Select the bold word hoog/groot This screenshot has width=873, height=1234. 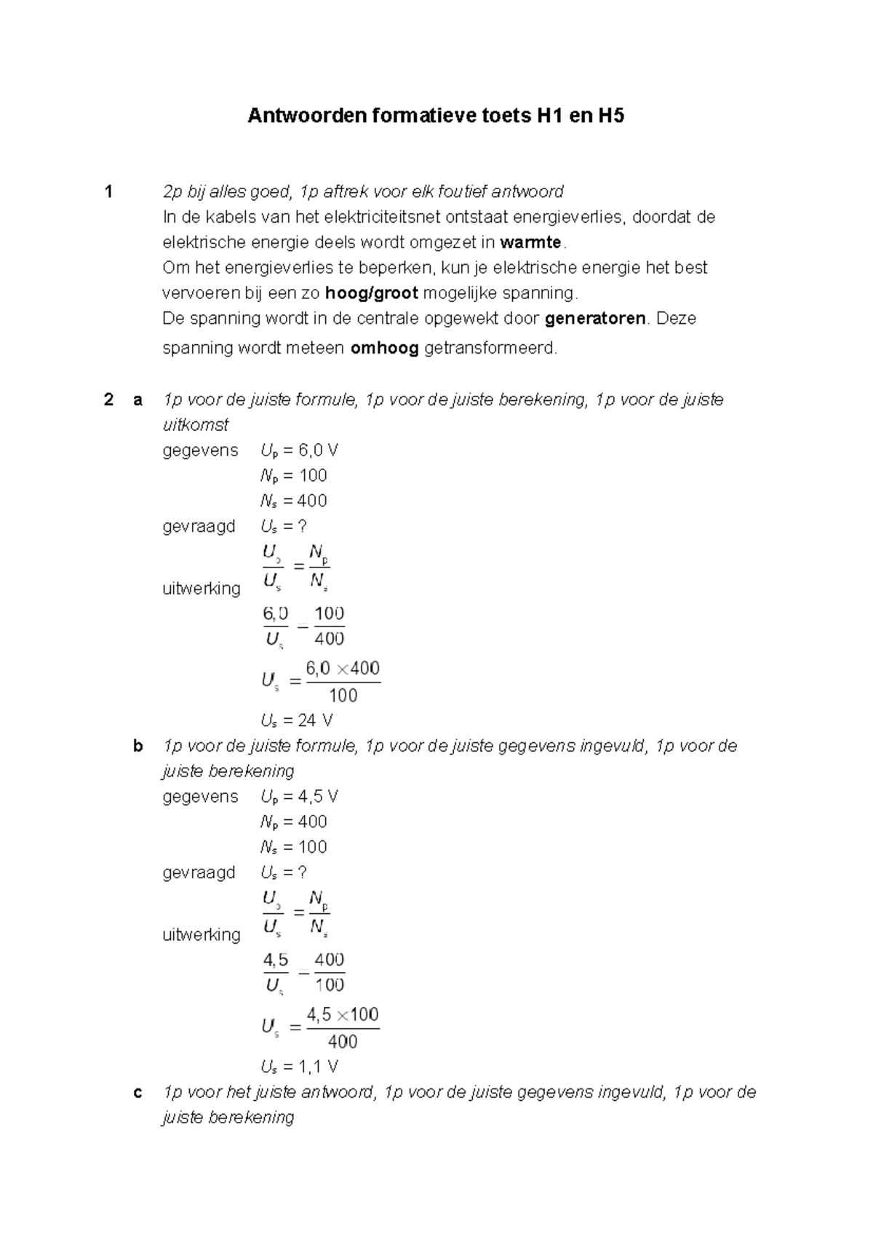point(372,293)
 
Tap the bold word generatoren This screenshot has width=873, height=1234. point(595,319)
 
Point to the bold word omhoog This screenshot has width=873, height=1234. point(384,349)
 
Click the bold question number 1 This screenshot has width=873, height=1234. point(109,192)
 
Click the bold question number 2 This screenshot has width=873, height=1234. point(109,399)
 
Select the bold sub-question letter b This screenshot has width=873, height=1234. point(138,746)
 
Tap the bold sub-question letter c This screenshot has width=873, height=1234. point(138,1092)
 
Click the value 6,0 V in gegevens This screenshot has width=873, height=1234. point(318,450)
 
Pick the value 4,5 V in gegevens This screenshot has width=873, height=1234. point(318,797)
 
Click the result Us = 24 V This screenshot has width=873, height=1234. point(297,721)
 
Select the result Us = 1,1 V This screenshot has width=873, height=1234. point(299,1067)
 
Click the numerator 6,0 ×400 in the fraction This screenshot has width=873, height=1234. point(343,668)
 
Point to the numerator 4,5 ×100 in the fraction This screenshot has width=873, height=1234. point(343,1014)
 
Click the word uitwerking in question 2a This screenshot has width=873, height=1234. point(201,588)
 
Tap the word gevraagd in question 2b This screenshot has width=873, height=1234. point(199,872)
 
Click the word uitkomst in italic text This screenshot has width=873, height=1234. point(195,425)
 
